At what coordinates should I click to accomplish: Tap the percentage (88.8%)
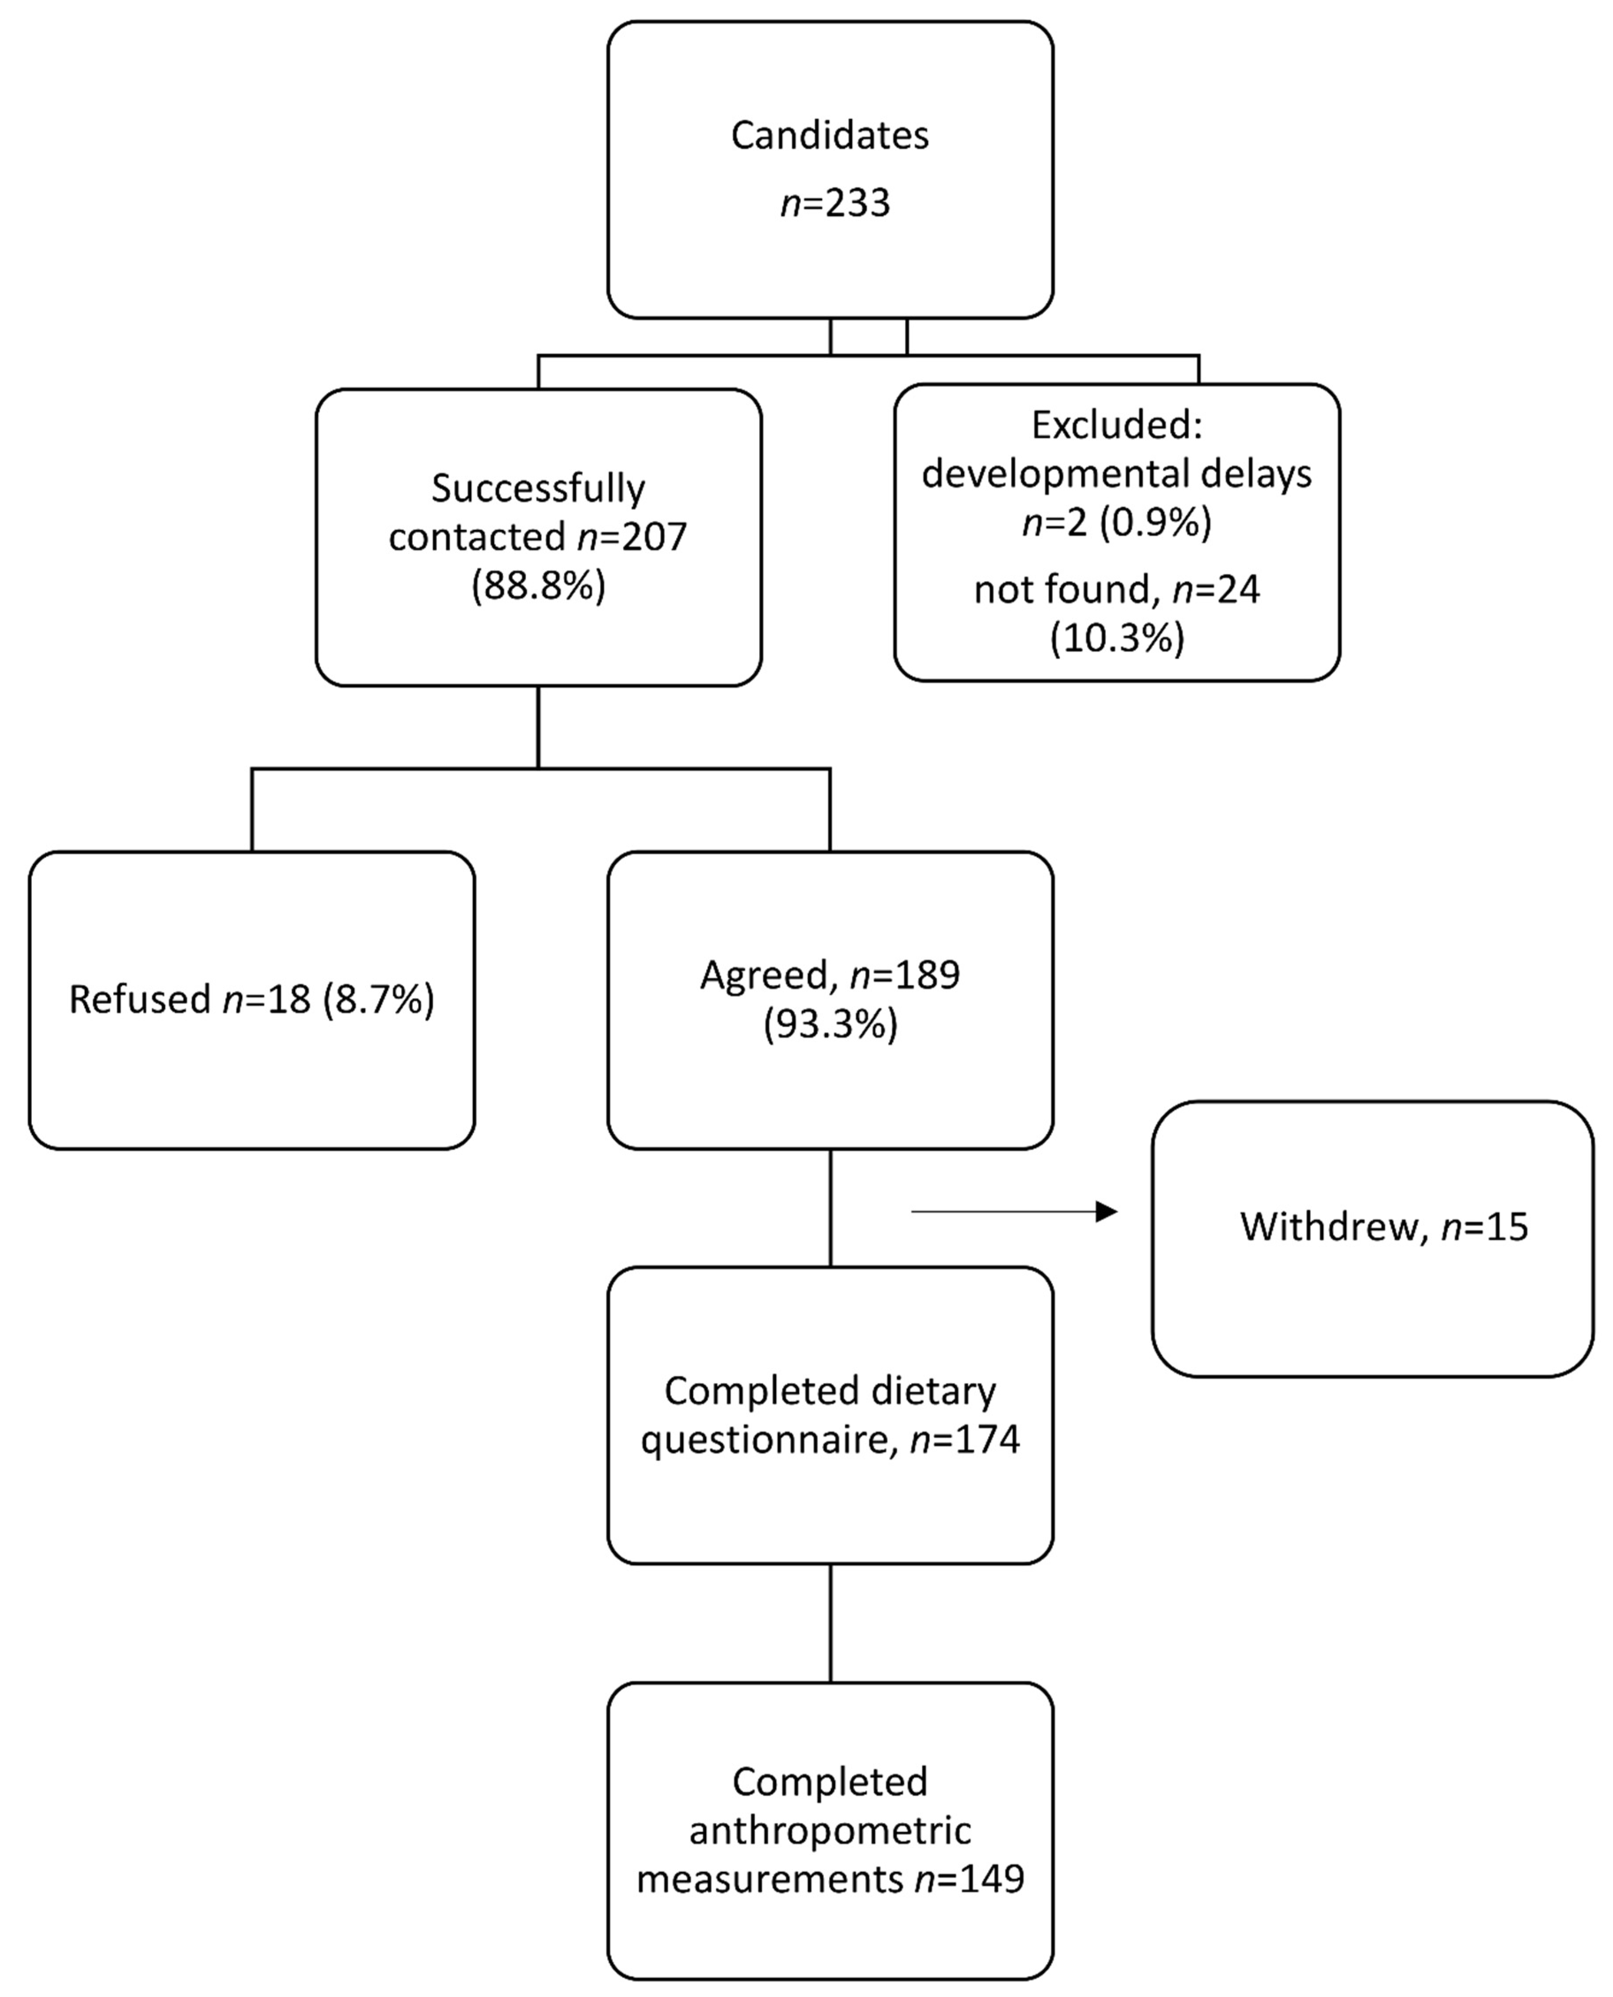click(538, 587)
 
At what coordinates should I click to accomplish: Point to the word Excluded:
click(1117, 425)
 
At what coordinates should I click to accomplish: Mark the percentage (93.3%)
click(830, 1025)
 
